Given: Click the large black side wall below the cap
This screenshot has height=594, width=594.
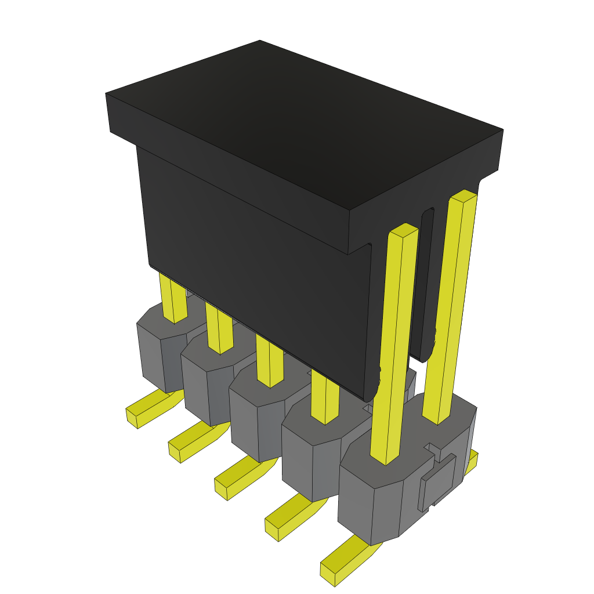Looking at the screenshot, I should click(255, 273).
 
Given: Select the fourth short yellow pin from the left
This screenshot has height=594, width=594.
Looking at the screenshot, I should click(324, 397).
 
